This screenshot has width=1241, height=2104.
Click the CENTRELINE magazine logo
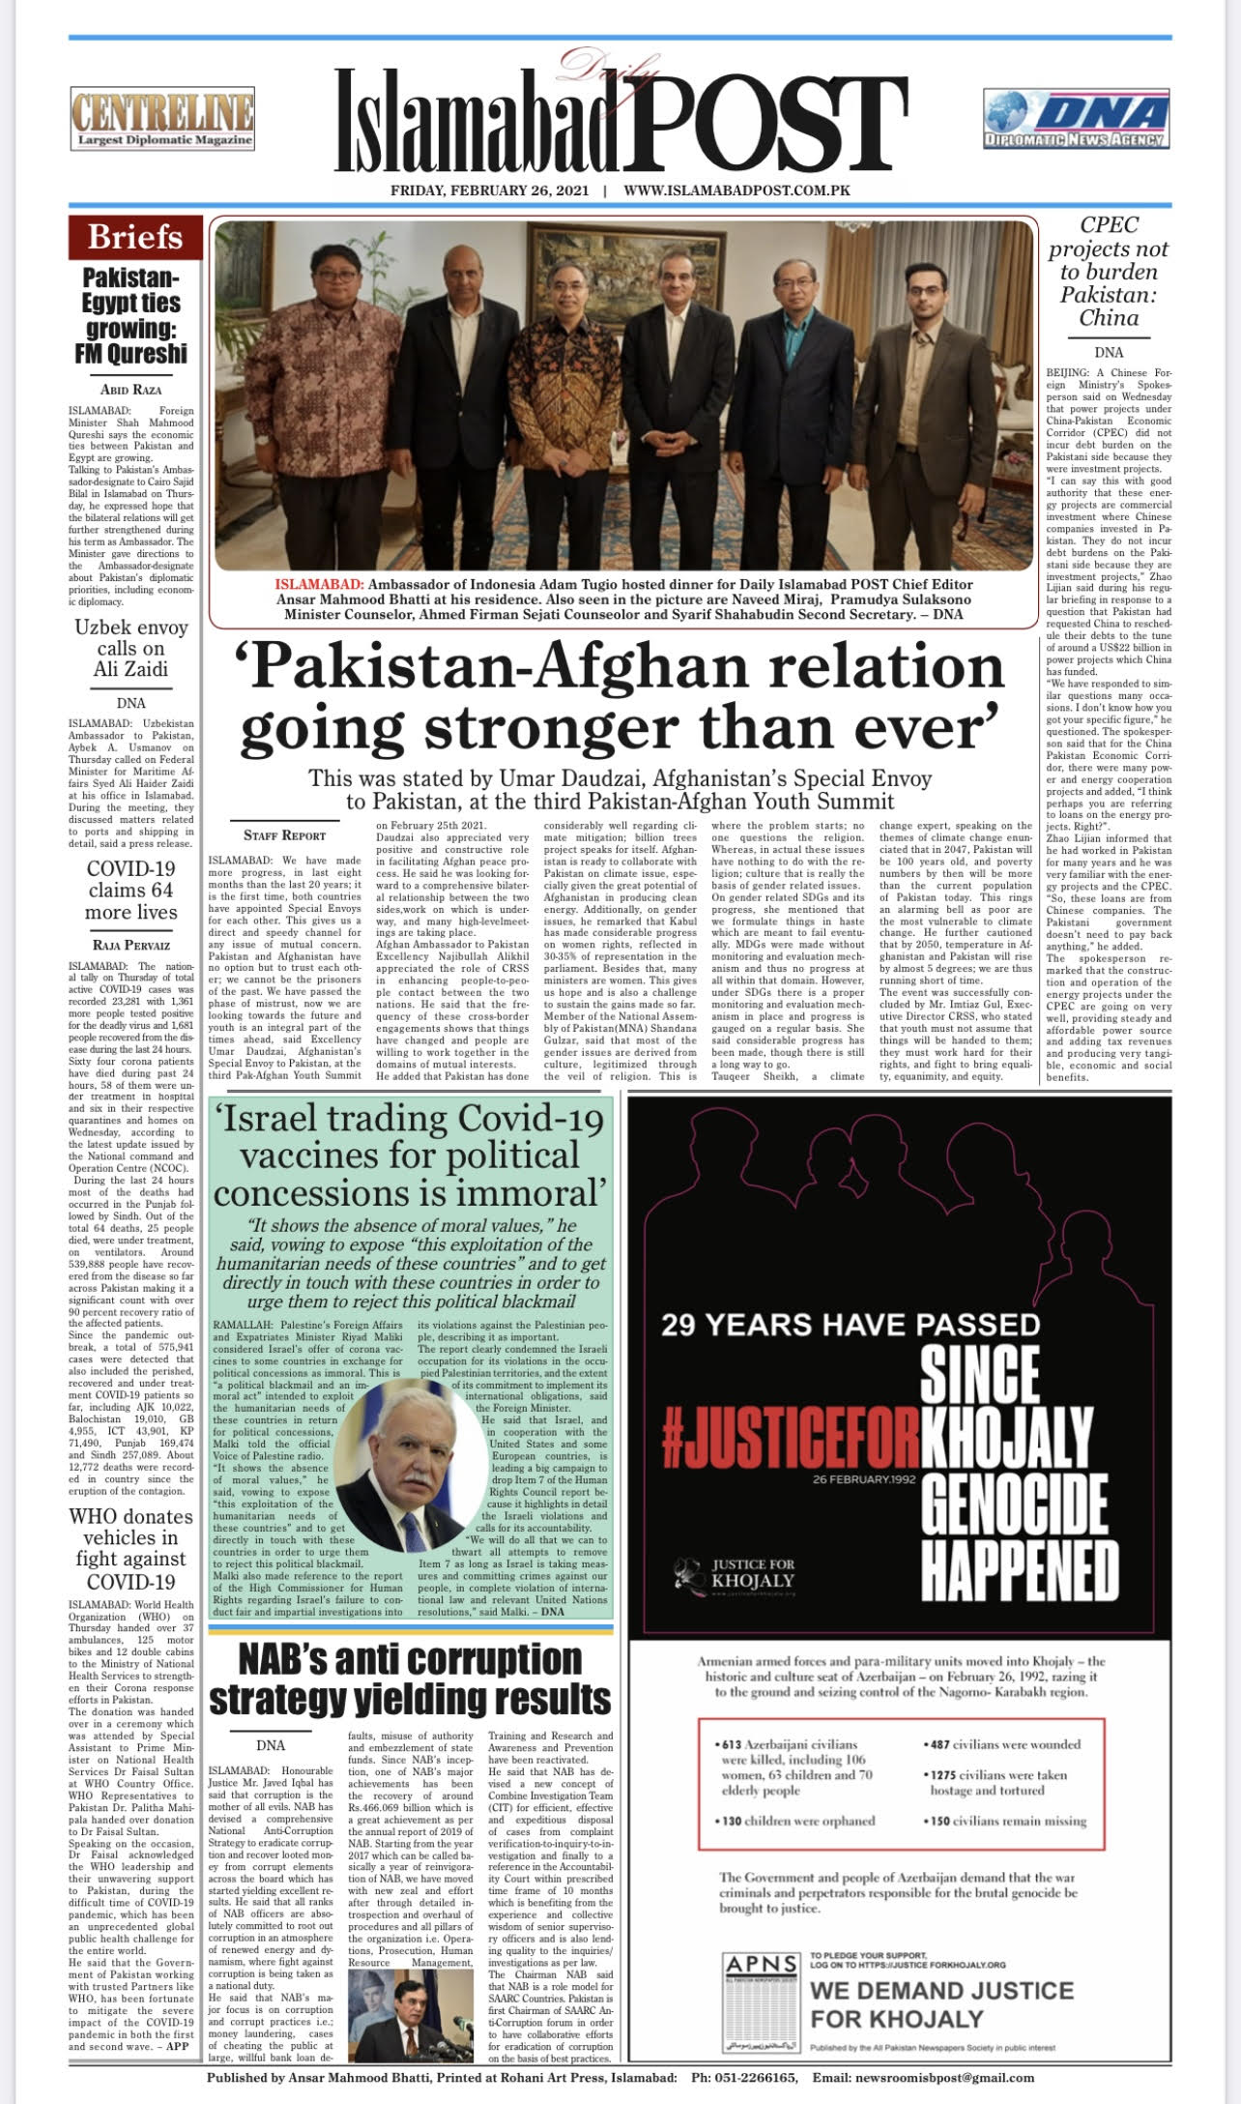(162, 119)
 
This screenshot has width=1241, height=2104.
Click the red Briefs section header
(135, 237)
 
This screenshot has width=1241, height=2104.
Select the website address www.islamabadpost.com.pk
(736, 190)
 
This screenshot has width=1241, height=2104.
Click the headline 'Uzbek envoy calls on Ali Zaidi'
(131, 648)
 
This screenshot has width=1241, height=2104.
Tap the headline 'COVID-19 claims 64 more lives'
(131, 890)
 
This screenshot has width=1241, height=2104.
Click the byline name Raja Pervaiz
(131, 945)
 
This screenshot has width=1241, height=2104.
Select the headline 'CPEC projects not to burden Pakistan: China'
(1109, 271)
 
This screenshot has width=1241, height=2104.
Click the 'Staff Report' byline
(284, 834)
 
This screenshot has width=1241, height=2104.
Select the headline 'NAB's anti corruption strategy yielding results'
(411, 1679)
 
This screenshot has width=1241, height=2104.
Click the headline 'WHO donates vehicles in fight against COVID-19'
(131, 1549)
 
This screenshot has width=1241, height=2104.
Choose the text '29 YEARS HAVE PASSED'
(851, 1324)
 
